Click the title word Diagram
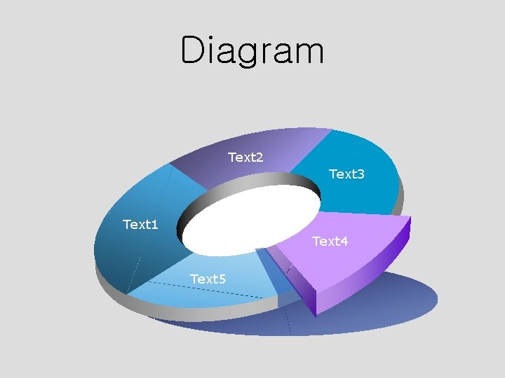click(252, 50)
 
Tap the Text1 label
click(140, 225)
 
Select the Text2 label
click(245, 157)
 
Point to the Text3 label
click(346, 174)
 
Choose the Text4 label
click(330, 241)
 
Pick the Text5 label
click(208, 279)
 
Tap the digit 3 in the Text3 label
click(361, 174)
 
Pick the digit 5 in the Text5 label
click(222, 279)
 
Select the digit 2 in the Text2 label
click(260, 157)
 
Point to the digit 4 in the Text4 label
click(344, 241)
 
